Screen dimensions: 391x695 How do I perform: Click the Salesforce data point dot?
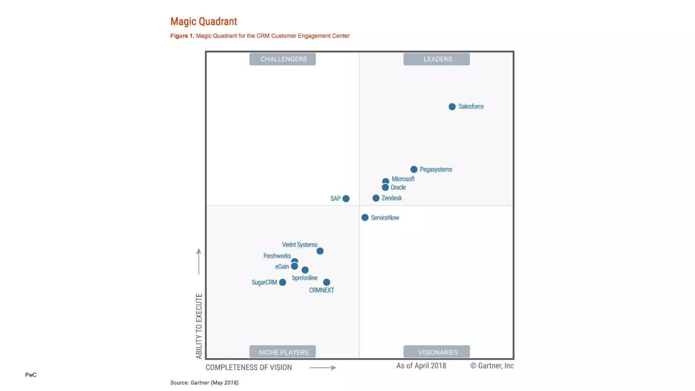click(452, 107)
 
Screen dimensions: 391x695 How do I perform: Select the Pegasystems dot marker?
click(414, 169)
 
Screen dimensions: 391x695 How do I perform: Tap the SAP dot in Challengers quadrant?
click(346, 199)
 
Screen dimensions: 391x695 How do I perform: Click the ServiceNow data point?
click(365, 218)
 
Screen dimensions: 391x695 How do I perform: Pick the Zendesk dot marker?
click(376, 198)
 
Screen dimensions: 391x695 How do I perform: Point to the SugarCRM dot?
click(282, 282)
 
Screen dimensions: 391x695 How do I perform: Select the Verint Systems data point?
click(320, 251)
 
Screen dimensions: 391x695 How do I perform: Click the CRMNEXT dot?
click(326, 282)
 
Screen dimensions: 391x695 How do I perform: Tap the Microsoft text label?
click(403, 179)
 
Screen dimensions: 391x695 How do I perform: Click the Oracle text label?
click(398, 187)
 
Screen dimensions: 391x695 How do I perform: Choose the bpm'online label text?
click(305, 278)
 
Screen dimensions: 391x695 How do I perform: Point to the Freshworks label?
click(277, 256)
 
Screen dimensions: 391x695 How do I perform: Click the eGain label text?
click(282, 267)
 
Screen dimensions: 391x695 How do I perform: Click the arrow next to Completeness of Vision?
click(323, 368)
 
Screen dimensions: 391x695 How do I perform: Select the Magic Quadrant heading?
click(204, 21)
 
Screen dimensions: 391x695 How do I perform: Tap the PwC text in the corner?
click(31, 375)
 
